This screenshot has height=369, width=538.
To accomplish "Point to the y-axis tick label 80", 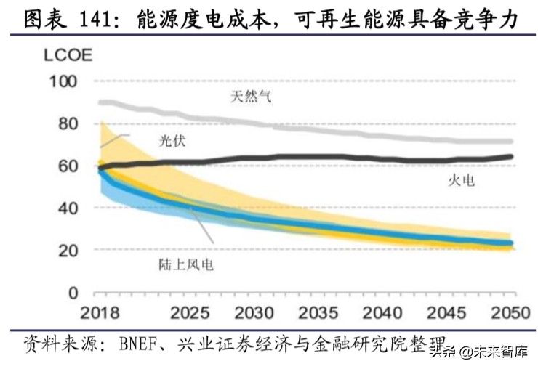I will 66,123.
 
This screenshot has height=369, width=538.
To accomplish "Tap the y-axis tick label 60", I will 66,166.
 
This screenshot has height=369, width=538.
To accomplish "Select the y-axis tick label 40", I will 66,208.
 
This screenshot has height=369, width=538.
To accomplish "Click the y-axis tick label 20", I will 66,250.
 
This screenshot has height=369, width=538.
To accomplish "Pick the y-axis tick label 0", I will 72,293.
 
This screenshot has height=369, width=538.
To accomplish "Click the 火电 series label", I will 460,179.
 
